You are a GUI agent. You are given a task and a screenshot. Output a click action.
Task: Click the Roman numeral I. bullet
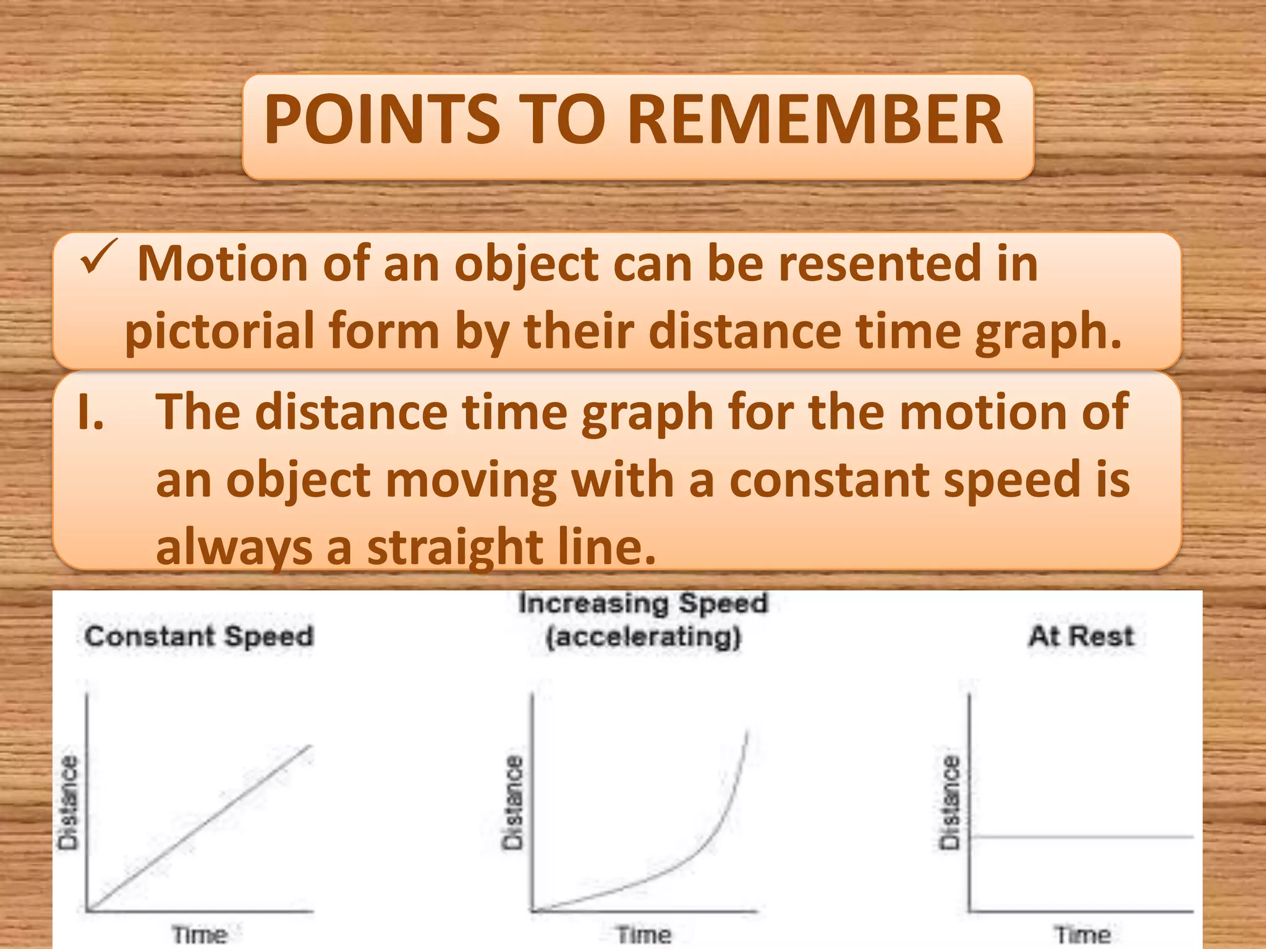pyautogui.click(x=91, y=413)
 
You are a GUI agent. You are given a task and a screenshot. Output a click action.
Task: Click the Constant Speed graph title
pyautogui.click(x=199, y=636)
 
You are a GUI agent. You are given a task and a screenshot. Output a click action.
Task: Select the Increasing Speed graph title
pyautogui.click(x=643, y=604)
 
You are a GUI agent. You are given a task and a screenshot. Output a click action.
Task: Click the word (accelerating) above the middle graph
pyautogui.click(x=643, y=636)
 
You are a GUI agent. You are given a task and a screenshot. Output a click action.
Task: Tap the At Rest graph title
pyautogui.click(x=1081, y=636)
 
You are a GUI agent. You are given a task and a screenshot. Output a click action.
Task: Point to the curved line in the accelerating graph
pyautogui.click(x=711, y=840)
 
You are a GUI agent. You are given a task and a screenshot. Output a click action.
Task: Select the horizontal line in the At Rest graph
pyautogui.click(x=1082, y=837)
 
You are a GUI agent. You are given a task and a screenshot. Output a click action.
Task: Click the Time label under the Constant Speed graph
pyautogui.click(x=199, y=934)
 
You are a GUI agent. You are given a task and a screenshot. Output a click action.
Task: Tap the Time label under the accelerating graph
pyautogui.click(x=644, y=934)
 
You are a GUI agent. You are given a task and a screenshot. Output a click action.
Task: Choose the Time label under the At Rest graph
pyautogui.click(x=1082, y=934)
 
